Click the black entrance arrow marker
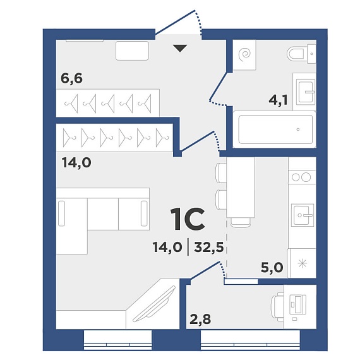[180, 48]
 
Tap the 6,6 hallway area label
[71, 78]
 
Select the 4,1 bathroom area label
[278, 100]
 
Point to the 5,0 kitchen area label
[272, 267]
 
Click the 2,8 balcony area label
[200, 319]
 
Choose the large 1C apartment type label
[188, 219]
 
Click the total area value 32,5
[209, 248]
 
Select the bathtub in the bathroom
[275, 129]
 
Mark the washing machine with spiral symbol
[244, 55]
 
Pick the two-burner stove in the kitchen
[302, 177]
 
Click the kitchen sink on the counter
[303, 215]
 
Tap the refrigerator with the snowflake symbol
[302, 263]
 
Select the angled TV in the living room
[154, 304]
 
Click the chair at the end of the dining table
[241, 222]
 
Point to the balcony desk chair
[277, 307]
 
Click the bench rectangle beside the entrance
[132, 51]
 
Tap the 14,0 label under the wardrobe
[76, 163]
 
